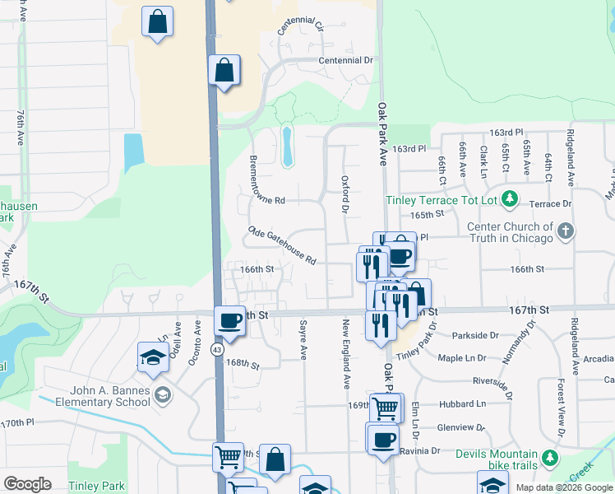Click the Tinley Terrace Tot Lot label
pyautogui.click(x=443, y=200)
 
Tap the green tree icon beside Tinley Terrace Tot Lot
pyautogui.click(x=510, y=198)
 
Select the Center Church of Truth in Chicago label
pyautogui.click(x=510, y=232)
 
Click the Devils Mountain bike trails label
pyautogui.click(x=492, y=459)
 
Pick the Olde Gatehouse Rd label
pyautogui.click(x=283, y=246)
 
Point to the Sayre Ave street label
pyautogui.click(x=303, y=341)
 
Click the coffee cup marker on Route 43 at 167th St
pyautogui.click(x=230, y=321)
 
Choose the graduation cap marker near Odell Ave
pyautogui.click(x=153, y=357)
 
